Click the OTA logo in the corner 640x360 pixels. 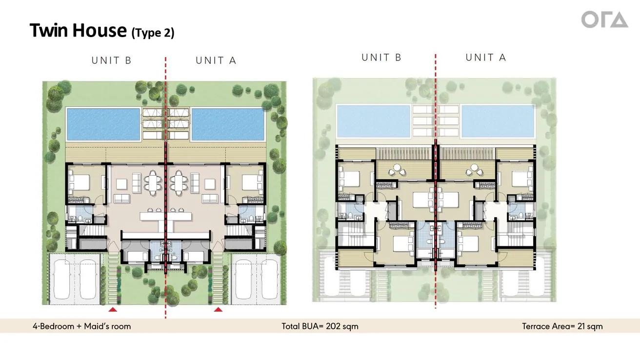point(604,20)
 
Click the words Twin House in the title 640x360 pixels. point(78,30)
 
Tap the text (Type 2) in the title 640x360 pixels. point(153,33)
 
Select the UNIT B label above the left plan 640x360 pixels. point(112,60)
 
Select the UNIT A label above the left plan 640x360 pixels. point(216,60)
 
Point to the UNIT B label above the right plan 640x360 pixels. point(381,58)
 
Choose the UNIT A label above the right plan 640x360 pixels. point(486,58)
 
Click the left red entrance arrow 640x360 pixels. point(113,309)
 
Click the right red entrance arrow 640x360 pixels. point(218,309)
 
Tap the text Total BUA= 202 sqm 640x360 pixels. point(320,326)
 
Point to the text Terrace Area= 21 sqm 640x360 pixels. point(562,326)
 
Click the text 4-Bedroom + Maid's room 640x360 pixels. point(82,326)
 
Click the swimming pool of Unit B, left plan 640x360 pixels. point(103,124)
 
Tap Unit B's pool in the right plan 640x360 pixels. point(373,121)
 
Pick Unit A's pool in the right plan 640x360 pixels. point(498,121)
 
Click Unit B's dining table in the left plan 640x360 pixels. point(153,182)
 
